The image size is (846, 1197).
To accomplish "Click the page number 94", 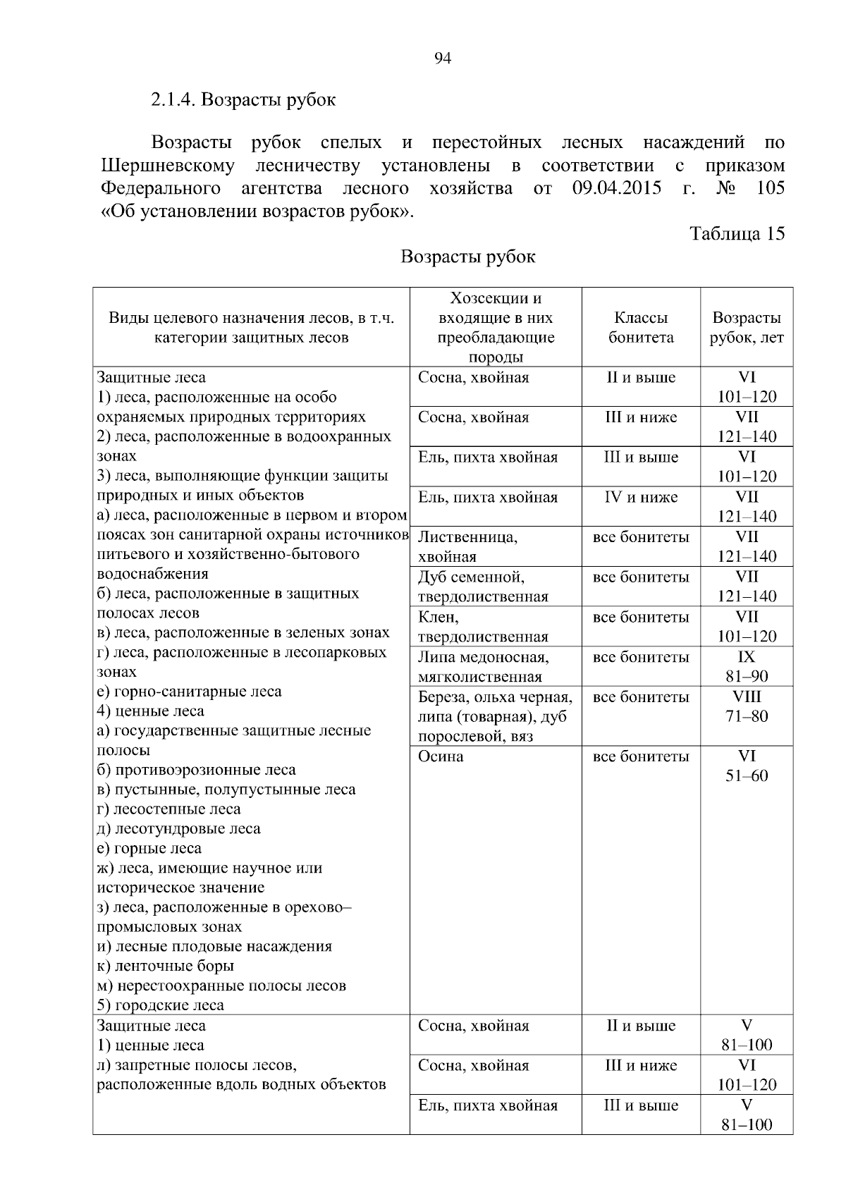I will point(443,59).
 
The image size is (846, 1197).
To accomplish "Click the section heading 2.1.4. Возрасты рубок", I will point(243,99).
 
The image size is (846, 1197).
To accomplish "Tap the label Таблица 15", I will point(737,234).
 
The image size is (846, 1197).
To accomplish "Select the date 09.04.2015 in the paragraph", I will point(617,188).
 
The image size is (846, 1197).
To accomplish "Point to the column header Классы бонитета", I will point(641,328).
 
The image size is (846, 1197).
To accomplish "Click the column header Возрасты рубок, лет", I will point(747,328).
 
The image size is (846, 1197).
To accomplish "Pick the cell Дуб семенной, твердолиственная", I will point(483,587).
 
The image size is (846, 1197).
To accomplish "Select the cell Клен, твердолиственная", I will point(483,627).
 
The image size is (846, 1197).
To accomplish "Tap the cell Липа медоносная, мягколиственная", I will point(483,667).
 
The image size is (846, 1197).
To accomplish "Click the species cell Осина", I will point(441,756).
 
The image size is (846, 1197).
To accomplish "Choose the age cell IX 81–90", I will point(747,667).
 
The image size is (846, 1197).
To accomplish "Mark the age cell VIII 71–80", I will point(747,706).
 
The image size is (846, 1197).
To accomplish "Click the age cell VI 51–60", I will point(747,766).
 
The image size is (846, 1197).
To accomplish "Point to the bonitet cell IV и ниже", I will point(640,498).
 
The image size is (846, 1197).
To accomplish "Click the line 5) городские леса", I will point(160,1005).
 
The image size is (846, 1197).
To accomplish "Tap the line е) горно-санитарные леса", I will point(189,692).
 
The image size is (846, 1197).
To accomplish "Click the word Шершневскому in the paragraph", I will point(168,166).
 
